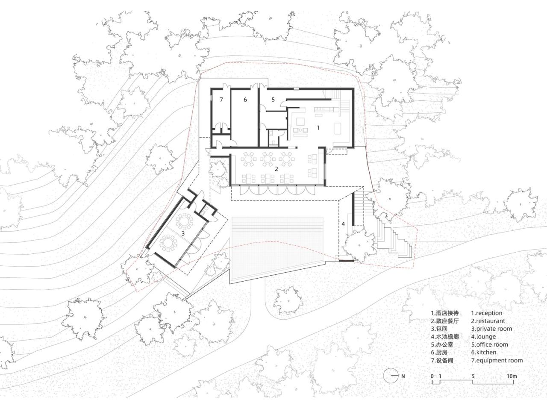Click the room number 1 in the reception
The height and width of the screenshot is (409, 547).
pos(318,127)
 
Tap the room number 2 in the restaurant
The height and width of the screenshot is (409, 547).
pos(276,169)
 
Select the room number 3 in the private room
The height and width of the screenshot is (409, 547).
pos(183,233)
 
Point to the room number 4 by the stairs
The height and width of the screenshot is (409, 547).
pos(343,224)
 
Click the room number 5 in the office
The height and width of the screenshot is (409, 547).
pos(273,100)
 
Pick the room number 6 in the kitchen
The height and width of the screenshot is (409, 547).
pos(245,100)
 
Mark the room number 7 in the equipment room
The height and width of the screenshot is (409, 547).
pos(221,100)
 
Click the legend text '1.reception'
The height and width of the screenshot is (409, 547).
pos(487,313)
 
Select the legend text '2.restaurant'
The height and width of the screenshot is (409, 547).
pos(488,321)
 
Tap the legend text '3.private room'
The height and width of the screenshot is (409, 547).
pos(491,329)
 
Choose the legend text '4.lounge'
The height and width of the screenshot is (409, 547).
pos(483,337)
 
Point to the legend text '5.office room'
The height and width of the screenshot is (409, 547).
pos(490,344)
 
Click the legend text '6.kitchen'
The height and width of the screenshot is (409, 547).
pos(484,353)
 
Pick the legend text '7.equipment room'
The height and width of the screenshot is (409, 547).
pos(497,360)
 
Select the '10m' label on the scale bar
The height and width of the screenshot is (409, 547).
pos(512,376)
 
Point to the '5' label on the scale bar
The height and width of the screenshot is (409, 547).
pos(473,376)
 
